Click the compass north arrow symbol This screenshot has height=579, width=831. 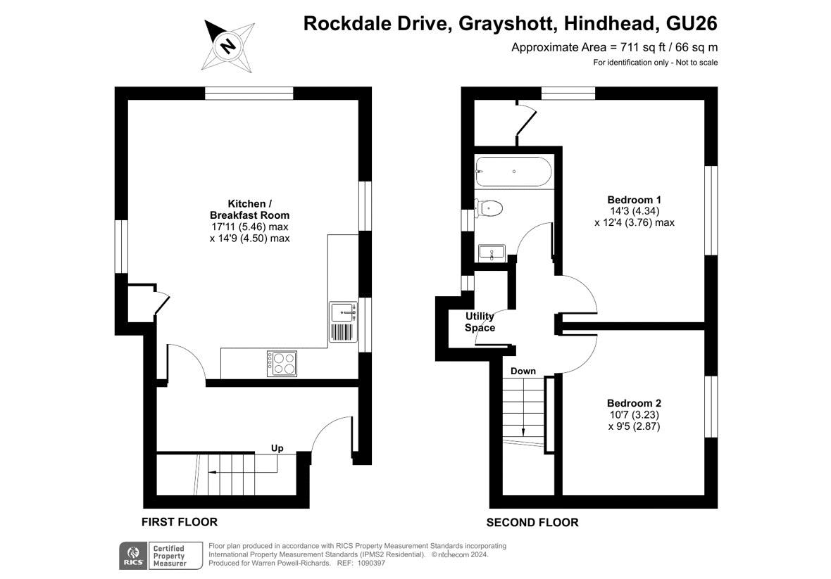(228, 46)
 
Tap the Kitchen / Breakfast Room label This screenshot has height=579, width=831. (249, 210)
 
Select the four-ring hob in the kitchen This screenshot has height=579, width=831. (282, 364)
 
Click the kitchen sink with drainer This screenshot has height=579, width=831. (344, 322)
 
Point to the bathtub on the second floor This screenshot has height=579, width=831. (513, 172)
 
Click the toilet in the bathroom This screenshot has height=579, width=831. (489, 208)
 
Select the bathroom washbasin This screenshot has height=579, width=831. (492, 253)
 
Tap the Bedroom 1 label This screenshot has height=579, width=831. (635, 200)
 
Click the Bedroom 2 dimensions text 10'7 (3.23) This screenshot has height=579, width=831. (635, 414)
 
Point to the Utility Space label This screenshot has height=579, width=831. (480, 322)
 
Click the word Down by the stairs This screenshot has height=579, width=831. (523, 371)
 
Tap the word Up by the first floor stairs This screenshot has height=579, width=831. (277, 448)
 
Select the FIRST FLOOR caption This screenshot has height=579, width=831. (180, 522)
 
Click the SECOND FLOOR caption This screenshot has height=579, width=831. (532, 523)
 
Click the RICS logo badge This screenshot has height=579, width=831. (132, 556)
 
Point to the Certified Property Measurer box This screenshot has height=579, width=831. (175, 556)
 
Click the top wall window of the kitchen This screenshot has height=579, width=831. (249, 94)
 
